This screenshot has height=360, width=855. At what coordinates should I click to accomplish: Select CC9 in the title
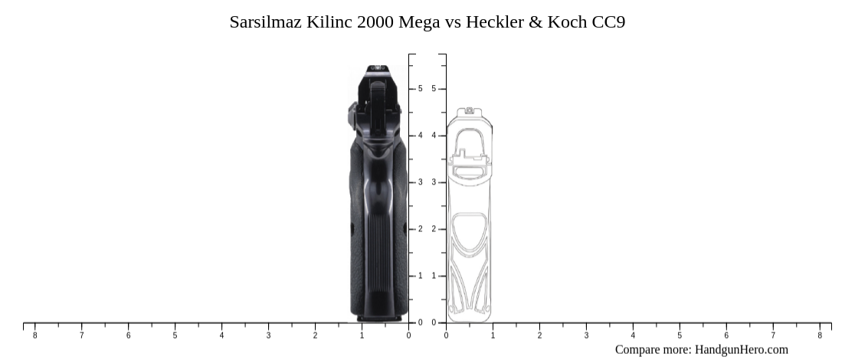(608, 22)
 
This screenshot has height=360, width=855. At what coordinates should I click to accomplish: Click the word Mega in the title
(419, 22)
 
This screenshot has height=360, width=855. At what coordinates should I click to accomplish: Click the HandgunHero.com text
(741, 349)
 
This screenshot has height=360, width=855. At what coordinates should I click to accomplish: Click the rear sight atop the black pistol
(377, 71)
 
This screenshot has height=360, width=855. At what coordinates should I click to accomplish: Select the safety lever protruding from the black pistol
(352, 114)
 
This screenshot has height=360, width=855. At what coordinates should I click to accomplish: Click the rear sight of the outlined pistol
(469, 112)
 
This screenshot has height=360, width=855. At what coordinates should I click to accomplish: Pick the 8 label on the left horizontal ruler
(34, 335)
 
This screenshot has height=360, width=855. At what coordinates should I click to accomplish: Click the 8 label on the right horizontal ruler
(820, 335)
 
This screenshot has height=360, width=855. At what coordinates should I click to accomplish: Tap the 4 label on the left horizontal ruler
(221, 335)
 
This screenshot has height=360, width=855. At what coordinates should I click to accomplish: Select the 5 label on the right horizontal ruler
(680, 335)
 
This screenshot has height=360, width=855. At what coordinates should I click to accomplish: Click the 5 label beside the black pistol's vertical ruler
(420, 89)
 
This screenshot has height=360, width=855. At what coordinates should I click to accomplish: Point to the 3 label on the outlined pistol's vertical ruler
(434, 182)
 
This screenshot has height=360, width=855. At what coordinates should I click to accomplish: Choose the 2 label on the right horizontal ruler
(539, 335)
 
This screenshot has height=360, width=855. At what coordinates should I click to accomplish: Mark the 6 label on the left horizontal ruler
(128, 335)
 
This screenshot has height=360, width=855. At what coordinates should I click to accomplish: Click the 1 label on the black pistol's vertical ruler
(420, 276)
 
